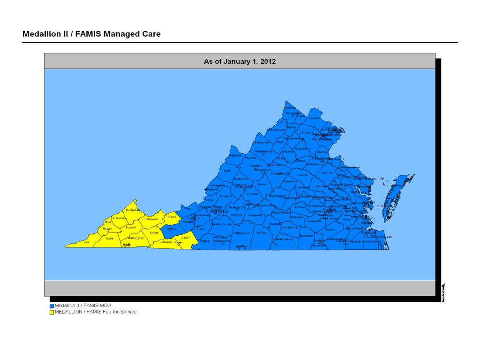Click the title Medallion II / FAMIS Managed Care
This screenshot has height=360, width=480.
click(91, 34)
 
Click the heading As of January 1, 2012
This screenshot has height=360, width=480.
click(240, 61)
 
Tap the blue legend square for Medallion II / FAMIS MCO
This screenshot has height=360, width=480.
click(52, 305)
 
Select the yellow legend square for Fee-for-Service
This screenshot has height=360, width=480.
click(52, 312)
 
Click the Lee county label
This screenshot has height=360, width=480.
click(86, 242)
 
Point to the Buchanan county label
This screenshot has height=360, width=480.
click(132, 210)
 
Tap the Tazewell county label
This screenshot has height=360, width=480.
click(151, 219)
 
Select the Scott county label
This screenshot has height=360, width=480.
click(110, 239)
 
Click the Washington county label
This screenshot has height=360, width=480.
click(136, 238)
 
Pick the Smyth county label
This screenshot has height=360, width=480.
click(154, 232)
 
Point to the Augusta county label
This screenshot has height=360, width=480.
click(250, 157)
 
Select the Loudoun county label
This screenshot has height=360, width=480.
click(315, 118)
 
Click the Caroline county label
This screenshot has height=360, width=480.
click(327, 172)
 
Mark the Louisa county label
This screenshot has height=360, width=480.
click(303, 174)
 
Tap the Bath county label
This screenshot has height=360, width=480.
click(228, 171)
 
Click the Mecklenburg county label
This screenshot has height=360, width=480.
click(284, 239)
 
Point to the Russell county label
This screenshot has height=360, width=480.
click(131, 227)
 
